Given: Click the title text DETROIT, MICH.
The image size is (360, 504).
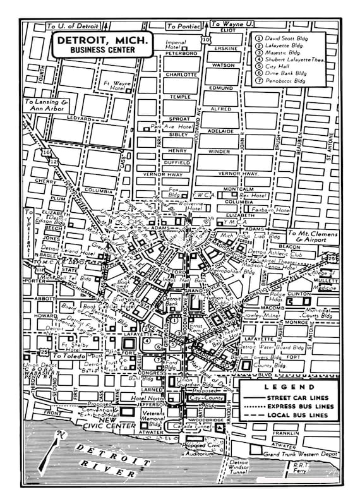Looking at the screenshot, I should tap(100, 40).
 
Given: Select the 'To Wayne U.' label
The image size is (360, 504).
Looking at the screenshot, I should tap(231, 23).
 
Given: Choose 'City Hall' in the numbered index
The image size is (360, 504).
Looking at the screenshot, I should tap(279, 66).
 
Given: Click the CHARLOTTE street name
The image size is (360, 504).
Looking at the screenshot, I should tap(181, 74).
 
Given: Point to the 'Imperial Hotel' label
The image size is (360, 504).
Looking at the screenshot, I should tap(175, 45).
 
